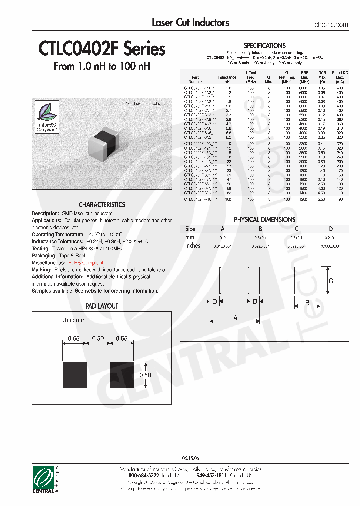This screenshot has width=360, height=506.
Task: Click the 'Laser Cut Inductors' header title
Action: tap(190, 22)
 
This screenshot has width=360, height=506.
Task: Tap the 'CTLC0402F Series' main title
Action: tap(102, 49)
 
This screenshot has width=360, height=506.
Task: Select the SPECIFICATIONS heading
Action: tap(264, 45)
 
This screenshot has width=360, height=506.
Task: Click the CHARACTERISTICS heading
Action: tap(102, 205)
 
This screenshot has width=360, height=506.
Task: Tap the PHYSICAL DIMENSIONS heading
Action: tap(264, 219)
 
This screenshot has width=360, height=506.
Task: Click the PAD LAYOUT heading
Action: tap(102, 306)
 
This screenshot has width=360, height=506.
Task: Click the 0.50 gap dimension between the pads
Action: tap(98, 338)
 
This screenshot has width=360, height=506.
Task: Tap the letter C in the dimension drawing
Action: tap(330, 281)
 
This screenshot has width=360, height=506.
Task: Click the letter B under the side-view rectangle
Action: tap(307, 303)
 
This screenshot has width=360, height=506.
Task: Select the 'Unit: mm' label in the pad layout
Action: tap(74, 320)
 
